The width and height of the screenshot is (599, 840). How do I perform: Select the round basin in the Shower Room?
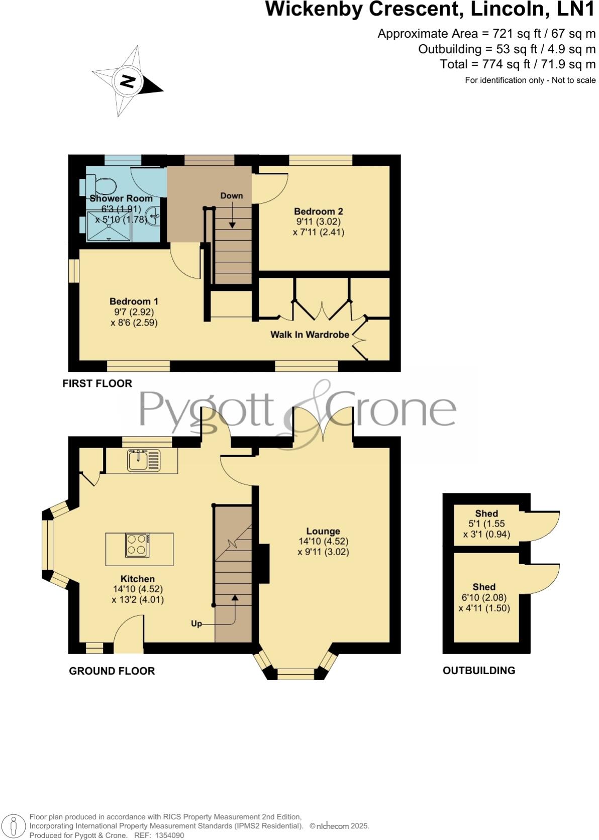[x=152, y=217]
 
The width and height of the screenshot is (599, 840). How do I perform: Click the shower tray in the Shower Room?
[x=109, y=226]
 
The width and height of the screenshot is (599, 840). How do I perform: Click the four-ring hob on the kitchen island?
[x=137, y=545]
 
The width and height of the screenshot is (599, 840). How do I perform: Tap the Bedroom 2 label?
[x=318, y=212]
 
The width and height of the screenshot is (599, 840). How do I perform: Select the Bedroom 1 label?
[x=134, y=301]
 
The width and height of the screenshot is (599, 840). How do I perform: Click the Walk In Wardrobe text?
[x=310, y=335]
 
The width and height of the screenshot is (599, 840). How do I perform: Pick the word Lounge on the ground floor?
[x=323, y=531]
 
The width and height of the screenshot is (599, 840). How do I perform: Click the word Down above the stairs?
[x=231, y=196]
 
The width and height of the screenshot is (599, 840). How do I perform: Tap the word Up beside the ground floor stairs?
[x=196, y=623]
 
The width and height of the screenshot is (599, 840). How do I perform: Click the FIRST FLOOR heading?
[x=97, y=383]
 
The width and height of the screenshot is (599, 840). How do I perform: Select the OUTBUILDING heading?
[x=479, y=670]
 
